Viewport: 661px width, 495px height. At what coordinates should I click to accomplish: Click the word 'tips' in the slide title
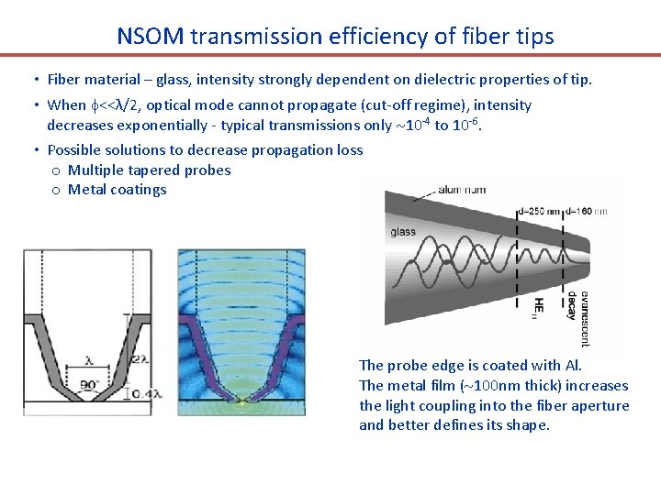coord(531,36)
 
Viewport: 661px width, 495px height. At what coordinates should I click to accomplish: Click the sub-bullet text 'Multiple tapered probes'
coord(149,170)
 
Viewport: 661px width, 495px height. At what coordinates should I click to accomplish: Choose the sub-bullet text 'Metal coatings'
coord(117,190)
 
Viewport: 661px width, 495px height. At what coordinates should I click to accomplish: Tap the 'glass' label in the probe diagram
coord(403,232)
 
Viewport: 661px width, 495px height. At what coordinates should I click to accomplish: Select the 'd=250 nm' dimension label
coord(539,212)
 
